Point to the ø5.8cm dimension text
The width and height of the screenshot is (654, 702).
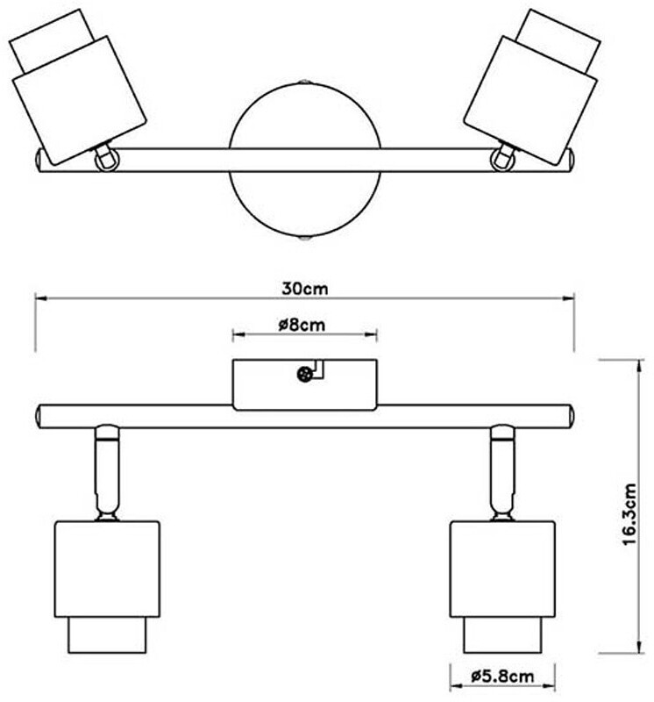point(502,676)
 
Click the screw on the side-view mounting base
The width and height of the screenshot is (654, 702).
point(304,375)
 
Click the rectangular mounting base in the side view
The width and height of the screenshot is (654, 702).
point(304,384)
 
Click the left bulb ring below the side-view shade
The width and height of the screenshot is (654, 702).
point(108,635)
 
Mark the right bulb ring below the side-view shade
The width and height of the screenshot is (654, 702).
point(502,635)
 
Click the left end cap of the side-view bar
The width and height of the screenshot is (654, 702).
point(40,415)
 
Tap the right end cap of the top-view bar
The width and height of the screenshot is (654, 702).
point(567,160)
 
